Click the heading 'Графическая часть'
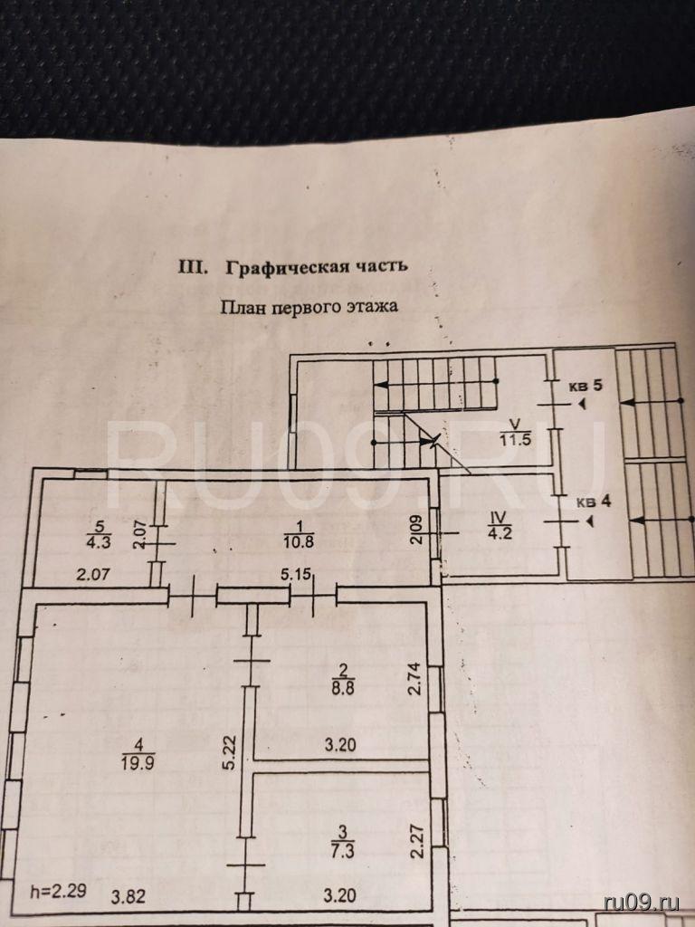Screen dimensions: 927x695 [x=317, y=267]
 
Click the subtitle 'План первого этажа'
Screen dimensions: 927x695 [x=309, y=306]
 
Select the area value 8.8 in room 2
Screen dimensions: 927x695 [x=343, y=685]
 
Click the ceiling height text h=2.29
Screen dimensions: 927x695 [x=57, y=889]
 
